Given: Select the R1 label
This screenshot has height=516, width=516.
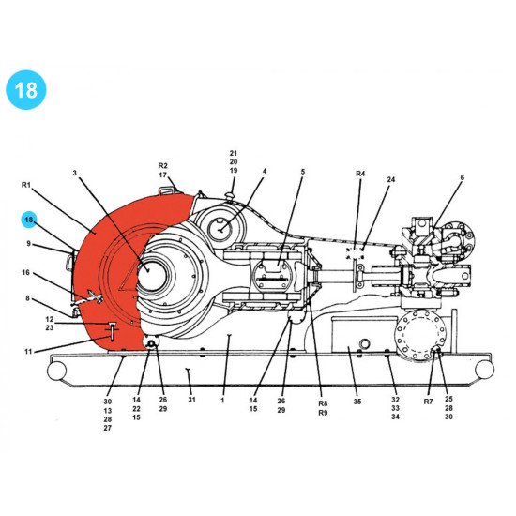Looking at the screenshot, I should [x=27, y=185].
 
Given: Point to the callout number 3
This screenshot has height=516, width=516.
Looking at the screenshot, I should [x=75, y=173].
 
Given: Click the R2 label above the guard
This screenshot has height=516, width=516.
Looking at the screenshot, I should [x=162, y=165].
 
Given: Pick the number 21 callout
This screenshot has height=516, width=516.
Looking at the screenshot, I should [x=234, y=152].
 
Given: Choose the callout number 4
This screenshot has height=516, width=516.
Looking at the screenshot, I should [x=265, y=172].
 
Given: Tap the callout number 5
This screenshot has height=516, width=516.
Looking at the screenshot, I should [x=303, y=172].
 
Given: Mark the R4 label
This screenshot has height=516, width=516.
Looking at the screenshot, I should [x=360, y=174].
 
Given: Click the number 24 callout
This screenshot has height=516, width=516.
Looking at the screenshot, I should [x=391, y=179].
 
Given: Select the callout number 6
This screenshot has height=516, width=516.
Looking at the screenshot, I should [x=462, y=177].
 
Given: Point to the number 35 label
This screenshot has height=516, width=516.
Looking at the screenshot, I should [x=357, y=401].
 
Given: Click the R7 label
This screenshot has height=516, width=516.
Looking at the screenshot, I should [x=429, y=401].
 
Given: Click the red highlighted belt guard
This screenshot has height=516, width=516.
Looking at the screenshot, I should [x=108, y=281].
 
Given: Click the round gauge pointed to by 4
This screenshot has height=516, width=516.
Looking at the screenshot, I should [x=222, y=226].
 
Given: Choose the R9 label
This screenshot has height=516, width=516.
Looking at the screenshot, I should [x=323, y=412].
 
